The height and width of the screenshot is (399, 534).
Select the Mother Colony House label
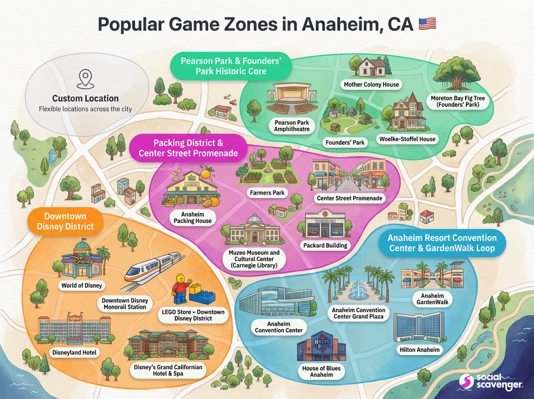click(372, 84)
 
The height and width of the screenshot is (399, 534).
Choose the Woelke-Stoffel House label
click(407, 139)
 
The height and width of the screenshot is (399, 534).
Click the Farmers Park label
click(268, 193)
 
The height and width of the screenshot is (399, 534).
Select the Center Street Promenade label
click(350, 198)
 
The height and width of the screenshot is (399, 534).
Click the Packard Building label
click(325, 245)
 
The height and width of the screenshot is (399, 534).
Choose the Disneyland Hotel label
click(73, 352)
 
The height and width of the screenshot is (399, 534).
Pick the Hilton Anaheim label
click(419, 350)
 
